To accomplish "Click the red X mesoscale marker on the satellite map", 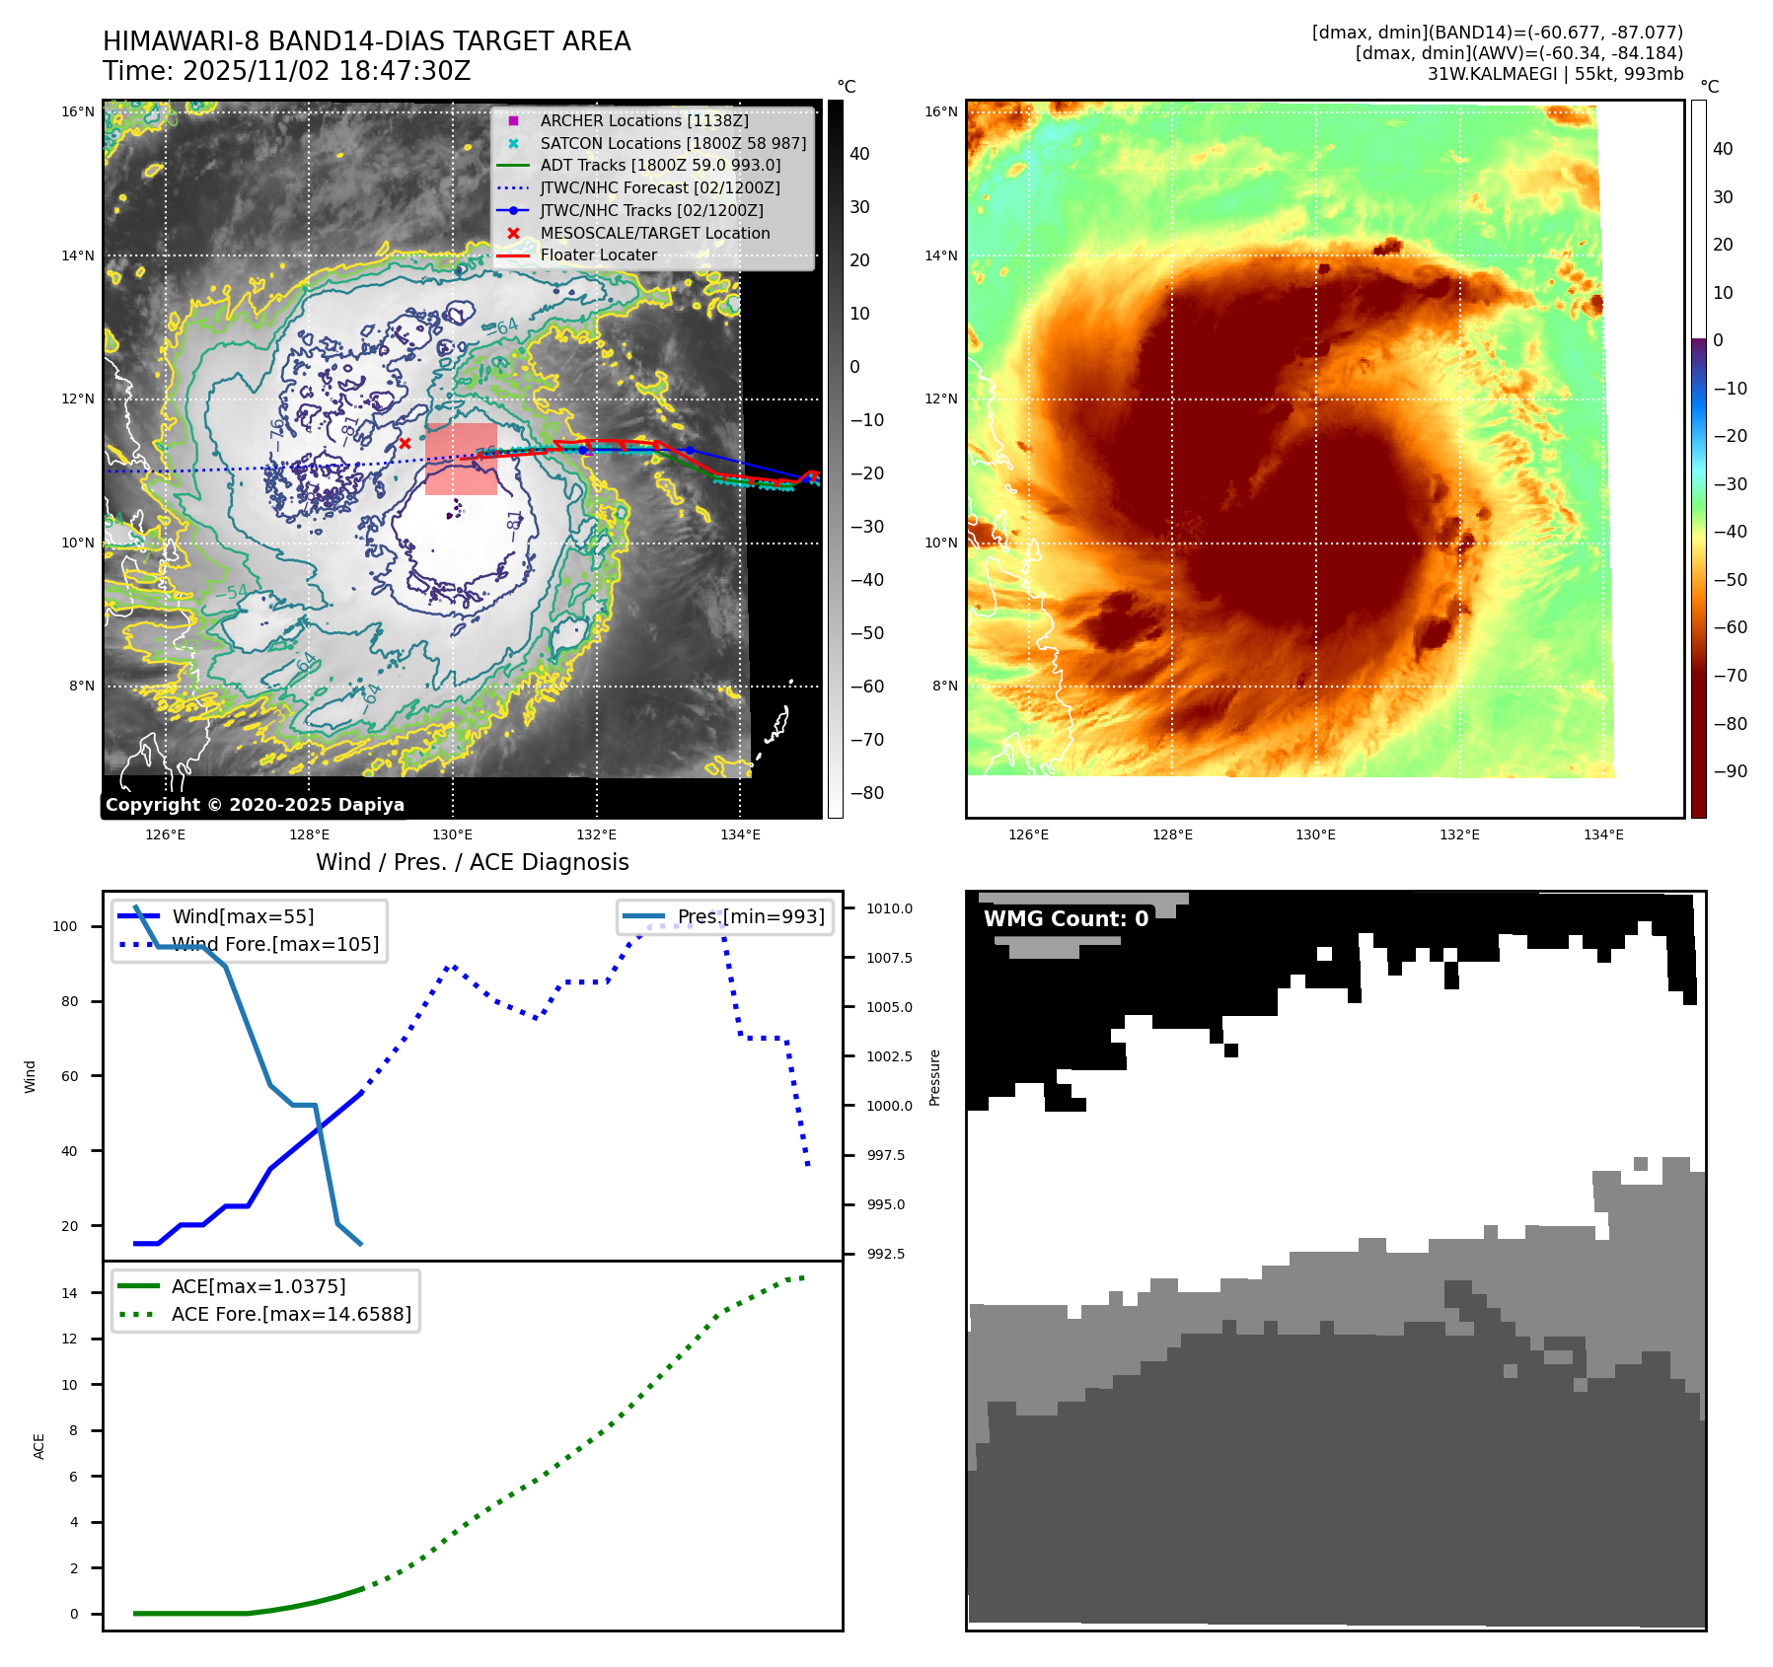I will click(405, 444).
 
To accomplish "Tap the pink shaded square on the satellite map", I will click(461, 459).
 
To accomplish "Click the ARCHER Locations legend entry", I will click(643, 120).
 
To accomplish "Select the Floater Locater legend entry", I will click(598, 254).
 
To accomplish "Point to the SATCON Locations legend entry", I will click(673, 143).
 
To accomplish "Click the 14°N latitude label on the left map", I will click(79, 255).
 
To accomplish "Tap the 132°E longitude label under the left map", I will click(596, 834).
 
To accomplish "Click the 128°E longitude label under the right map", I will click(1172, 834).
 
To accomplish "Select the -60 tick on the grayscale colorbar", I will click(867, 687).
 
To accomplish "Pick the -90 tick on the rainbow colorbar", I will click(1730, 771).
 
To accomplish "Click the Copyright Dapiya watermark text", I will click(255, 805).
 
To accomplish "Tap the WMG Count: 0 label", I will click(1066, 918).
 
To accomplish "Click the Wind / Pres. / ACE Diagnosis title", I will click(472, 862).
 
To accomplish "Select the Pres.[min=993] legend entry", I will click(750, 916).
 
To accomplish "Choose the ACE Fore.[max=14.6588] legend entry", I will click(291, 1314).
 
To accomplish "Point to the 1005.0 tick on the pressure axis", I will click(889, 1007).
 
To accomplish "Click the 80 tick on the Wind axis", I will click(69, 1001).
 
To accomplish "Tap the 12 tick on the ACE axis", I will click(69, 1339).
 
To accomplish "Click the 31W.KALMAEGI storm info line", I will click(1555, 74).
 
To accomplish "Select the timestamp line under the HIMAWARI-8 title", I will click(286, 71).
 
